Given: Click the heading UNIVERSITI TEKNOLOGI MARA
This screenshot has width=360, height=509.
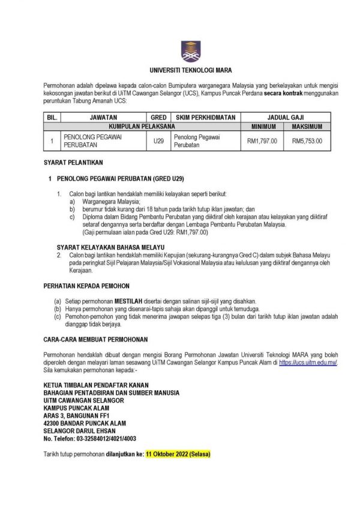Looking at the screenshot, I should pyautogui.click(x=187, y=70).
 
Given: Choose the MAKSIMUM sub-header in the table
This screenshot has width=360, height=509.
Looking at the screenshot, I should pyautogui.click(x=307, y=127).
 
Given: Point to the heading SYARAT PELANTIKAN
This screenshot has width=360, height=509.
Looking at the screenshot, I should pyautogui.click(x=74, y=163).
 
